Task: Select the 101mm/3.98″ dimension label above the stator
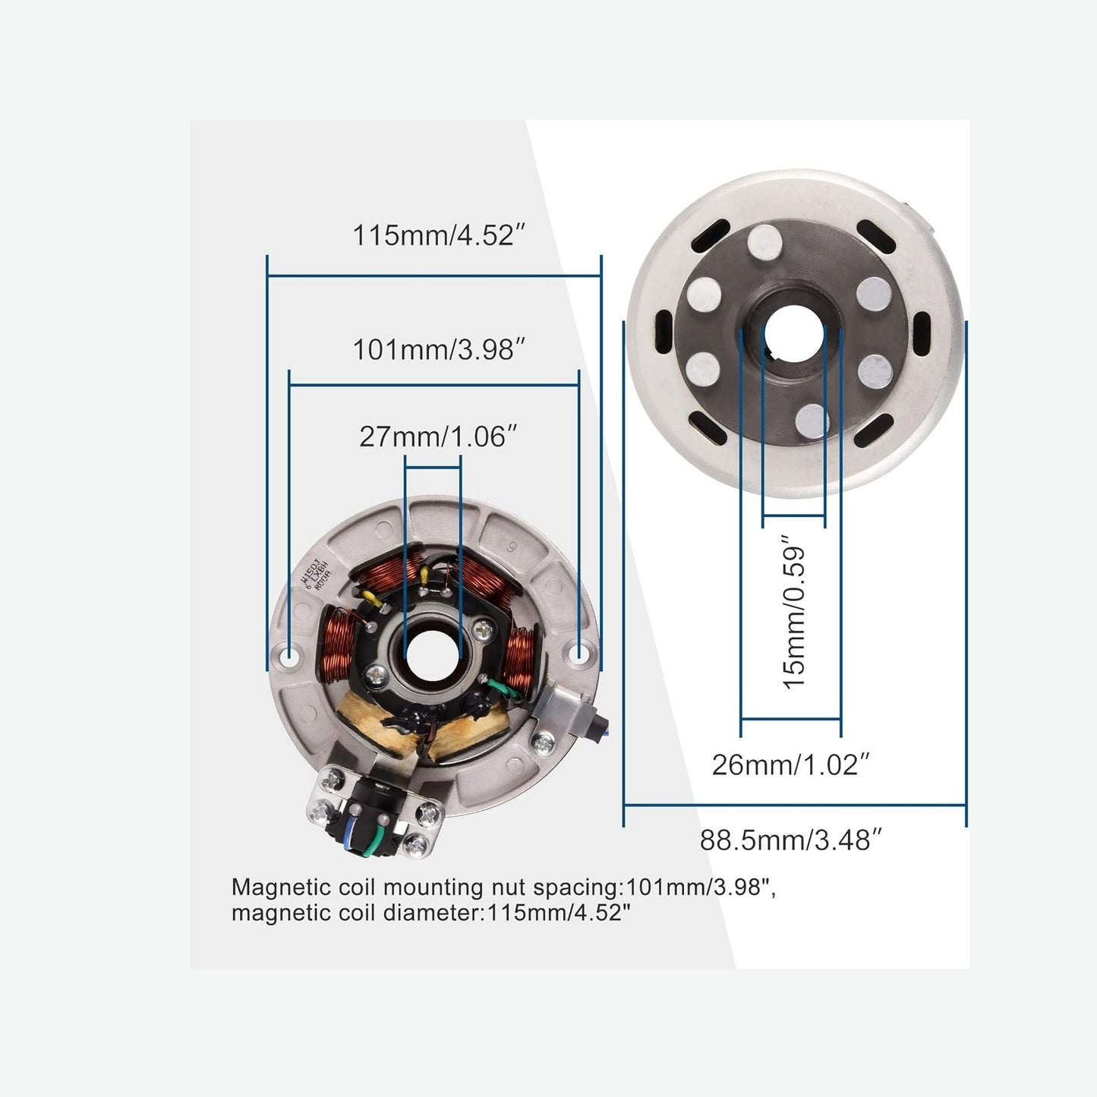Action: [439, 350]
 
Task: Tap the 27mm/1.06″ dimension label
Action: [438, 437]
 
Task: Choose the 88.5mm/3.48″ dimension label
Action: [790, 840]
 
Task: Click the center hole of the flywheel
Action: [793, 333]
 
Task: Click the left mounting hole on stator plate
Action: [288, 654]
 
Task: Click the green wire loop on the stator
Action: [503, 688]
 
